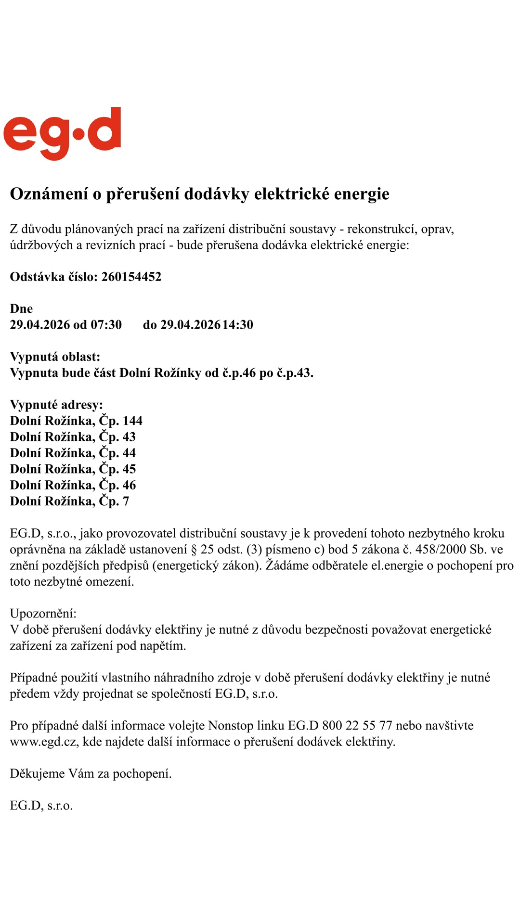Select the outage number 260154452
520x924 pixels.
131,277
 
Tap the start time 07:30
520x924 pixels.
106,325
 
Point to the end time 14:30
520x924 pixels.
237,325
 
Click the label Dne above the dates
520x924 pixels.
21,309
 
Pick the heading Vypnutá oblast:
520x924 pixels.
55,357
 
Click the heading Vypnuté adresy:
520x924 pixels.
56,405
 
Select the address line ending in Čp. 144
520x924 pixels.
76,421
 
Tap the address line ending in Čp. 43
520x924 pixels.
73,437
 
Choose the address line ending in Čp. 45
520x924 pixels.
73,469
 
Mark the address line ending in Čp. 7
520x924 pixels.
69,501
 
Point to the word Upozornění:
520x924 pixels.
43,614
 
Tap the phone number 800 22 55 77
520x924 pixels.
357,726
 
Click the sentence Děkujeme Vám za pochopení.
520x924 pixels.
91,774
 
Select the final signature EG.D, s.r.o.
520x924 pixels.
41,806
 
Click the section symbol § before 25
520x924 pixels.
194,550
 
